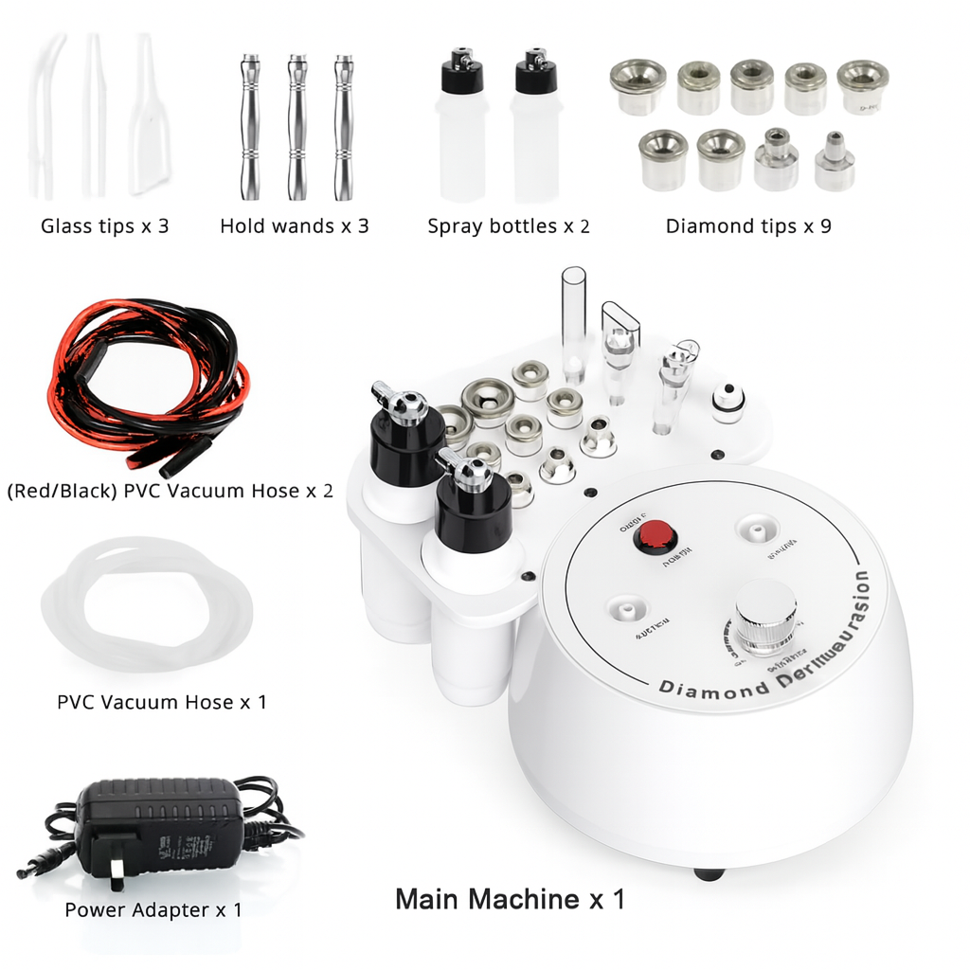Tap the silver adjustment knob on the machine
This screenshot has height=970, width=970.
pos(765,616)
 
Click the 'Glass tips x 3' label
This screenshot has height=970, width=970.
pos(105,226)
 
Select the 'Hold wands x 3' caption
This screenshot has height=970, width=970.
pos(295,226)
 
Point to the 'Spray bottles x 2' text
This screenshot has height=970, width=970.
pos(509,226)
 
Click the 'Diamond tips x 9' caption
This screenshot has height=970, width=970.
pos(748,226)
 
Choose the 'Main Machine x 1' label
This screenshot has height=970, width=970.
pos(510,898)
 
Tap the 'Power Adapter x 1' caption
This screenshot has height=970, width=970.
pos(153,910)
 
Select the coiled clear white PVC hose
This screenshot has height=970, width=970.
pos(147,606)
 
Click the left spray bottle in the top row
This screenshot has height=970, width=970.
pos(461,128)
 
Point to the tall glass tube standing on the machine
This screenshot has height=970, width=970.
pos(573,322)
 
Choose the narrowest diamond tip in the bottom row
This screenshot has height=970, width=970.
pos(835,162)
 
